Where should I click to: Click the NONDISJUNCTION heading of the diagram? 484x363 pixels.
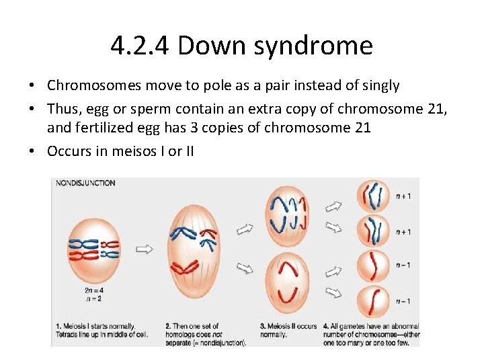(85, 183)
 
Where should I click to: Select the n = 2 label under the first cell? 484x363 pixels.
(94, 298)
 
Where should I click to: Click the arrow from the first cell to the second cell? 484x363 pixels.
(144, 249)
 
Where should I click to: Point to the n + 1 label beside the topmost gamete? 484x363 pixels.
(403, 196)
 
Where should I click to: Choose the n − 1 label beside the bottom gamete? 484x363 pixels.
(403, 300)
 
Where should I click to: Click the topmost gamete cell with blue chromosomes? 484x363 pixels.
(372, 197)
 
